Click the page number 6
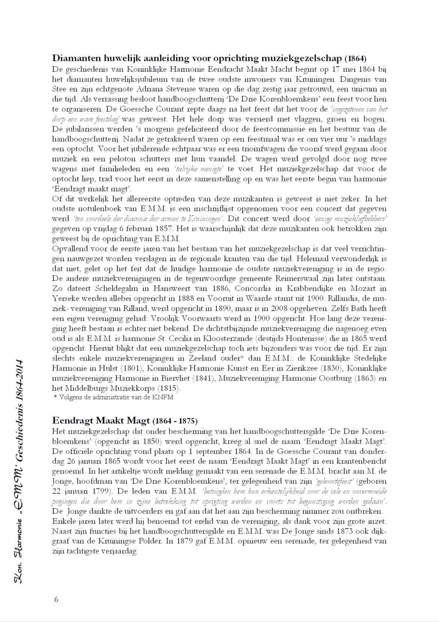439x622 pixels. click(x=56, y=599)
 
